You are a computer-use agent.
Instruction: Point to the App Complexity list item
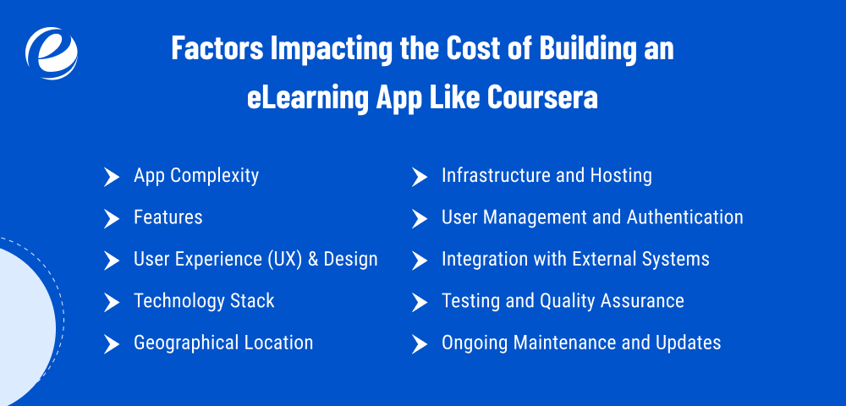(x=196, y=176)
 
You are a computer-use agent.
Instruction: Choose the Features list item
(x=168, y=217)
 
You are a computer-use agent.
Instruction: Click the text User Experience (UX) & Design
(x=255, y=259)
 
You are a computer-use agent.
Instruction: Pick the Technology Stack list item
(x=204, y=301)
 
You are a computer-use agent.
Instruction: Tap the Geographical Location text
(x=223, y=343)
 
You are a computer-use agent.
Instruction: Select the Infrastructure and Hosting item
(x=547, y=176)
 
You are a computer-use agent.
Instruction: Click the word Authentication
(x=685, y=217)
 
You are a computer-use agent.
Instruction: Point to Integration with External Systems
(x=575, y=259)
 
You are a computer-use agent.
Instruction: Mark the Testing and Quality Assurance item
(x=563, y=301)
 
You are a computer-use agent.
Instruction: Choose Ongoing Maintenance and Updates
(x=581, y=343)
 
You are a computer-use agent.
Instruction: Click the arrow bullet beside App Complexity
(x=111, y=177)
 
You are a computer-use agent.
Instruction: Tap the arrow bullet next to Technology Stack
(x=111, y=302)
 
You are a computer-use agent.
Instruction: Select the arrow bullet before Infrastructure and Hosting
(x=419, y=177)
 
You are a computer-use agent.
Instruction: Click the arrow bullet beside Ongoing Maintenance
(x=419, y=343)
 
